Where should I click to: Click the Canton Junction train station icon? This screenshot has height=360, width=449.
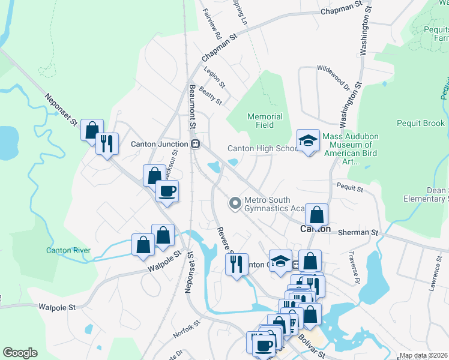click(x=195, y=144)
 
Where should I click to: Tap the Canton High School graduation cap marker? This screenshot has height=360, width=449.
click(x=308, y=141)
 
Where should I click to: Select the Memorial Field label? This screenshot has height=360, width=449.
click(x=265, y=121)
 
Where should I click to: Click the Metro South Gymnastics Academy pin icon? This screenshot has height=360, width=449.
click(x=235, y=204)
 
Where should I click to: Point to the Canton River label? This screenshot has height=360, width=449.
click(x=68, y=250)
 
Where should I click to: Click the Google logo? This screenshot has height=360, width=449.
click(x=20, y=353)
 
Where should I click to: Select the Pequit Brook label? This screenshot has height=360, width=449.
click(x=421, y=124)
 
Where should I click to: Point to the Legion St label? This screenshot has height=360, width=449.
click(x=214, y=77)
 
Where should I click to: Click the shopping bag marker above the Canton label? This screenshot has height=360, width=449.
click(x=316, y=214)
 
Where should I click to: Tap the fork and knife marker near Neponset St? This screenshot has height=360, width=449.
click(x=107, y=143)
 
